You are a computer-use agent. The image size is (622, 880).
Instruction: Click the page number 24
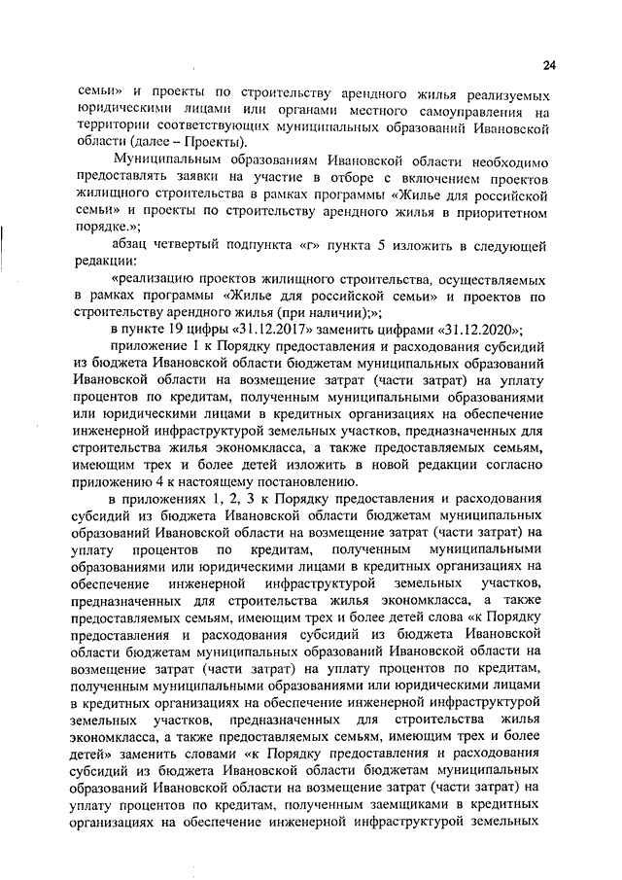[x=549, y=66]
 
